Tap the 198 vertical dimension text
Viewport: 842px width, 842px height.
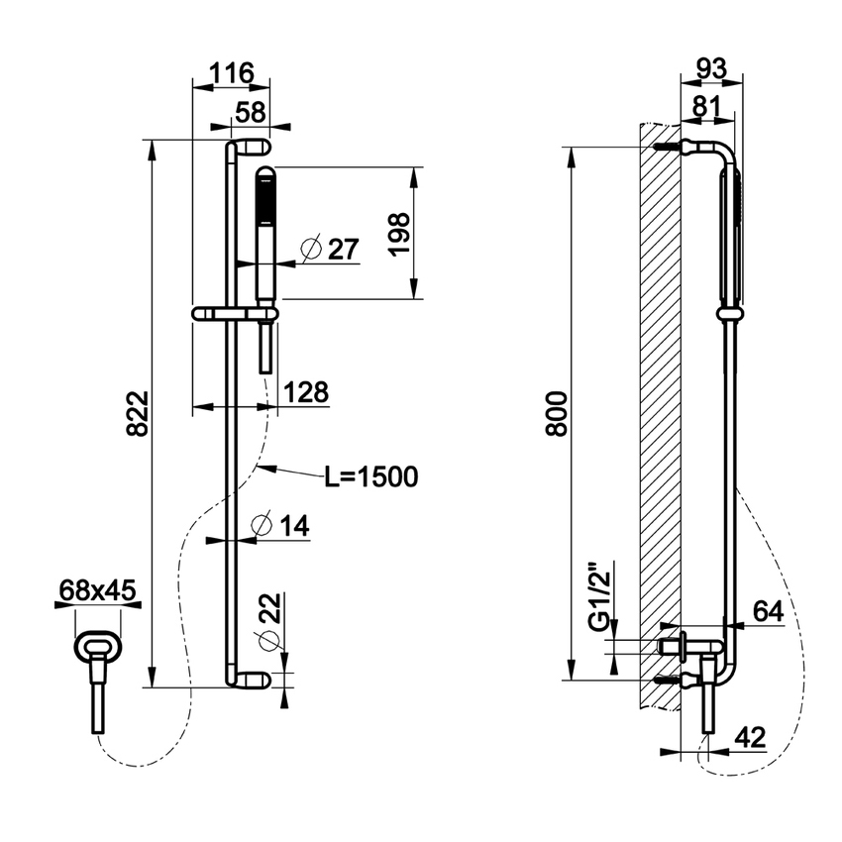click(399, 234)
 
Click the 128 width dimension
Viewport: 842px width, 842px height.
click(305, 392)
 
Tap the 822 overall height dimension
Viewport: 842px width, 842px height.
click(138, 413)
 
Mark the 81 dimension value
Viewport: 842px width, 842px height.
click(707, 107)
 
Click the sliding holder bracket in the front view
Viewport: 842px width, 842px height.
click(235, 315)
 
